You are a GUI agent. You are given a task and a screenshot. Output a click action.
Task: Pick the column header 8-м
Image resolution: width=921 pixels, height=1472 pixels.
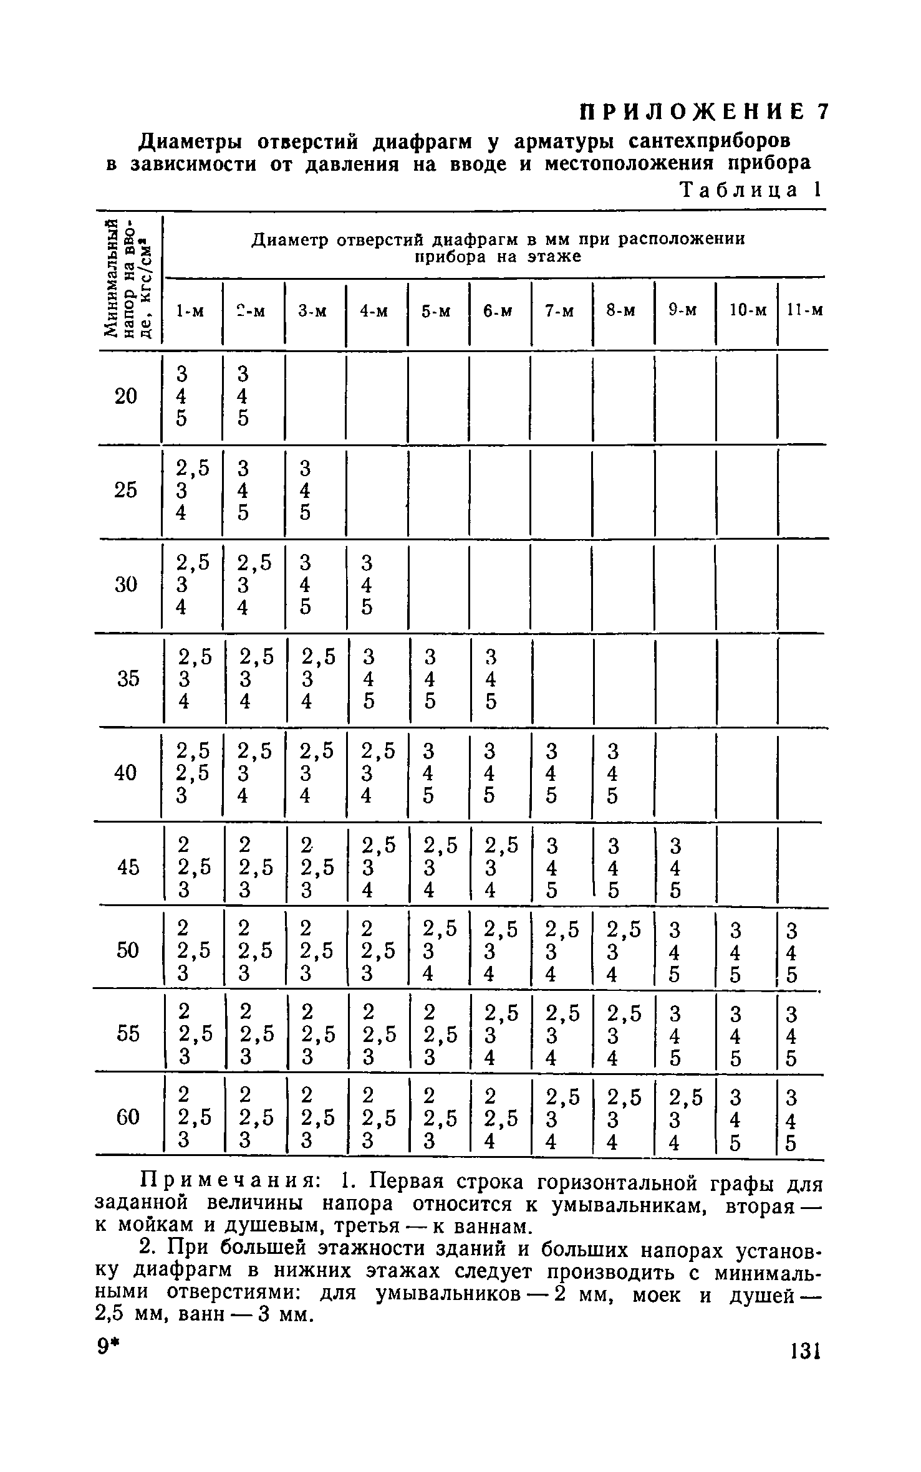tap(621, 310)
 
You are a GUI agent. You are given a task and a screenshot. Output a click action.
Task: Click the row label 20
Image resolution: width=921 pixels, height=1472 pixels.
tap(126, 396)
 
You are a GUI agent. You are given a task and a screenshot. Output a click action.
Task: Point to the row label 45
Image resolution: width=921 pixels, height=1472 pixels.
tap(127, 867)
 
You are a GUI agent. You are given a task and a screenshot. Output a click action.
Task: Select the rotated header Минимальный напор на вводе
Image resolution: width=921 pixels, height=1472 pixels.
tap(127, 280)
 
